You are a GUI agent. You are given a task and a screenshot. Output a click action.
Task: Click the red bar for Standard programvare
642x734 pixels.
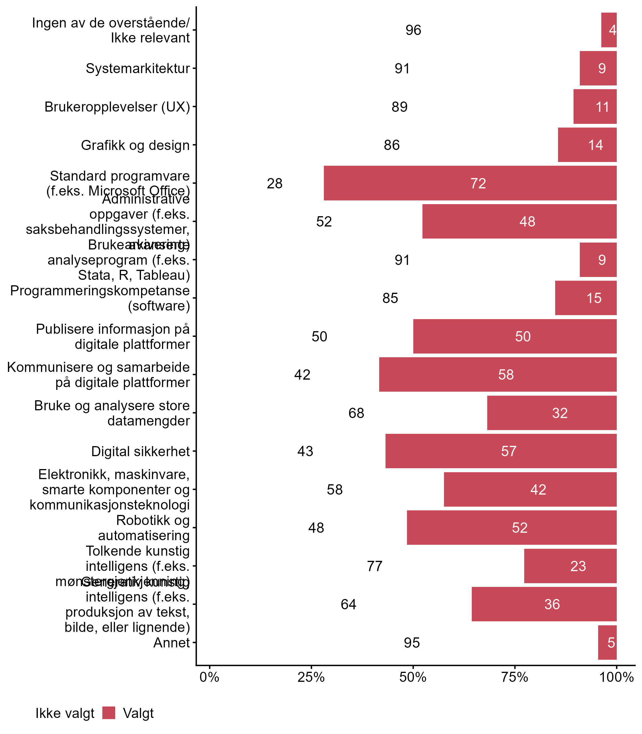coord(470,183)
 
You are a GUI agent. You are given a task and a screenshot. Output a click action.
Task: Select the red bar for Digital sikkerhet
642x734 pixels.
coord(501,451)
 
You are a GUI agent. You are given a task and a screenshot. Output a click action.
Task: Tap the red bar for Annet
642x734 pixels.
coord(607,643)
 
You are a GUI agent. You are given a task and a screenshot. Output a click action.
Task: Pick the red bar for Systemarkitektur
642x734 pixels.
coord(598,68)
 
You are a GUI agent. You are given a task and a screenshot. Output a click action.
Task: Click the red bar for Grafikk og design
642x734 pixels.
coord(587,145)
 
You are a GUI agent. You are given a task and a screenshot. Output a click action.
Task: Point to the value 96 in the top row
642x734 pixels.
coord(413,30)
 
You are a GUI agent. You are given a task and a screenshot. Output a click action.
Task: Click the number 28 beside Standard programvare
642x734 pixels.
coord(275,183)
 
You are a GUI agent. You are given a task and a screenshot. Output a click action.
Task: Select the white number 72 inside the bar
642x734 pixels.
coord(478,183)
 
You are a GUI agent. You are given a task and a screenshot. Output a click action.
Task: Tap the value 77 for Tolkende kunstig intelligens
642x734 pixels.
coord(375,566)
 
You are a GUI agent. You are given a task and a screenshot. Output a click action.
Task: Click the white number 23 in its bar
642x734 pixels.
coord(578,566)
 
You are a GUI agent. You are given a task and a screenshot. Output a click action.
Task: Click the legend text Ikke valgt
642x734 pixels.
coord(65,713)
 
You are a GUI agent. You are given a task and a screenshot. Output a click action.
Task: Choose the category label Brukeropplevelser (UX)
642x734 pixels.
coord(117,107)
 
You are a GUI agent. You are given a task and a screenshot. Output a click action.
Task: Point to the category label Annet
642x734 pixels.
coord(171,643)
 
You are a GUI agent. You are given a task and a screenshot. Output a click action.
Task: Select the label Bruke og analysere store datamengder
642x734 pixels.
coord(112,413)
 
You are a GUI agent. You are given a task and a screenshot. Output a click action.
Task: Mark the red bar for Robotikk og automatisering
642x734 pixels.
coord(512,528)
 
